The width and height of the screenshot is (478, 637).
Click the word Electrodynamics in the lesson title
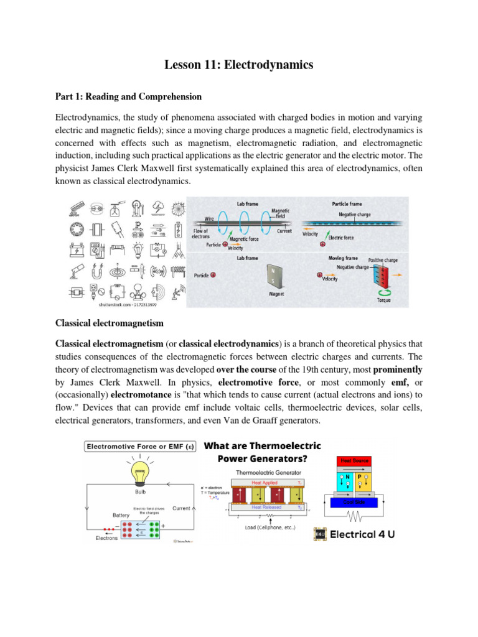(271, 65)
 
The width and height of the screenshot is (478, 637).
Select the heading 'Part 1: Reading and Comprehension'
(129, 96)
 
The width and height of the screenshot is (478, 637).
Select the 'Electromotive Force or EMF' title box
(140, 446)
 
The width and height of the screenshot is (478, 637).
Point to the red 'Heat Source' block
(354, 461)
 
